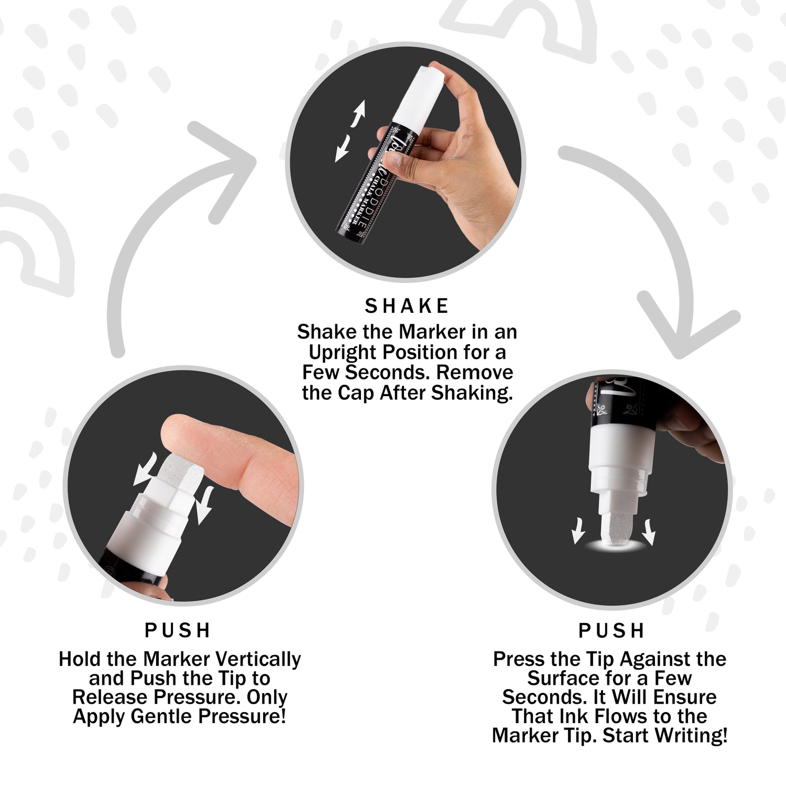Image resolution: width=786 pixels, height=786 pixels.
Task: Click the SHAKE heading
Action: [407, 306]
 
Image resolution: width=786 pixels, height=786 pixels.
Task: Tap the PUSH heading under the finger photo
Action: [178, 630]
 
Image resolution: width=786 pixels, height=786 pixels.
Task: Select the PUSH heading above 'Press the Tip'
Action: [611, 630]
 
